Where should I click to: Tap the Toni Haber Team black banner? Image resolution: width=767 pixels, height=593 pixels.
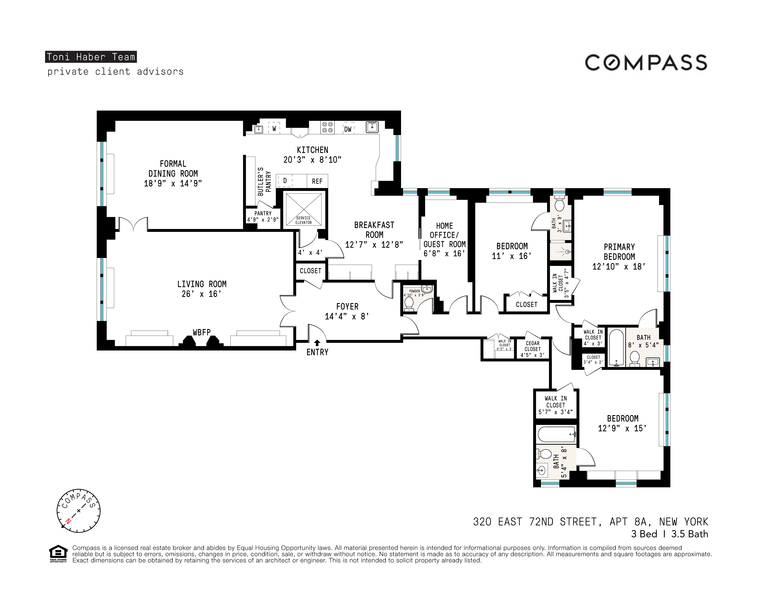point(91,57)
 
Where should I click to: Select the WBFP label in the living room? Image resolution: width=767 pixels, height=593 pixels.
point(202,332)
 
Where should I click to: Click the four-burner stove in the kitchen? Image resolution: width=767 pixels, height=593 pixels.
point(327,127)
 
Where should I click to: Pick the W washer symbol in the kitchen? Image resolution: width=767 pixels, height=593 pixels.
point(274,128)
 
